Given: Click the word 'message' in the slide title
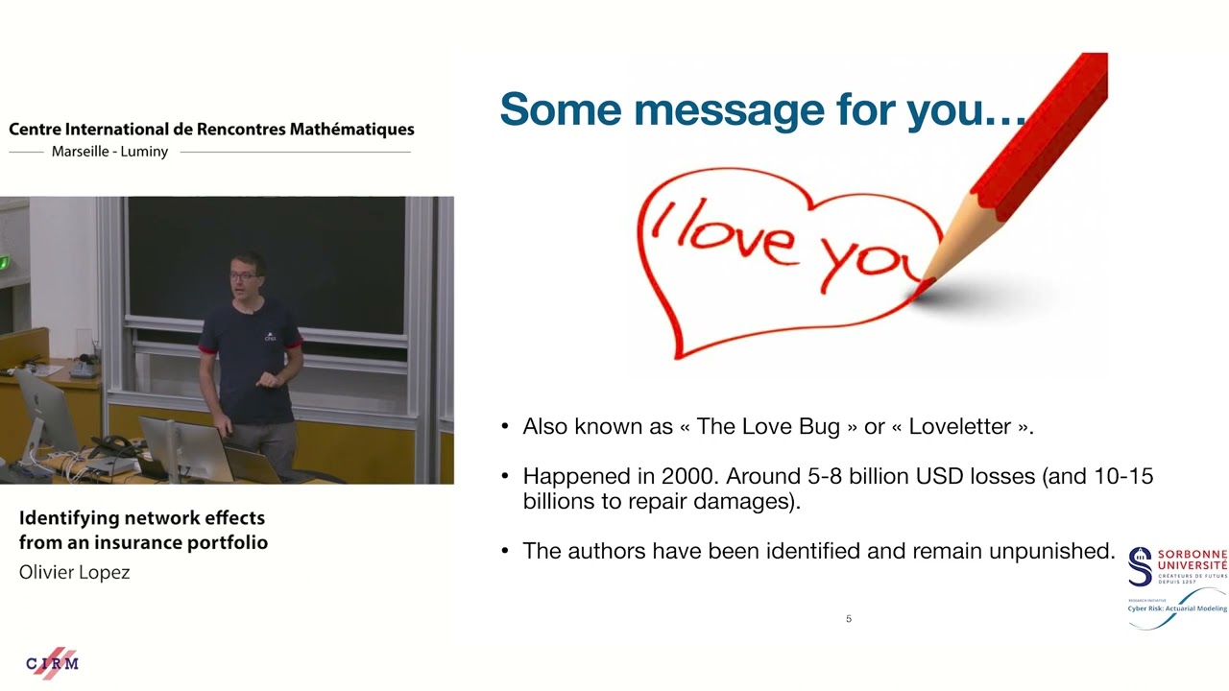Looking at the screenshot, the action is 729,110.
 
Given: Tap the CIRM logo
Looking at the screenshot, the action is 52,663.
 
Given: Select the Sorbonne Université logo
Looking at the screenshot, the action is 1177,566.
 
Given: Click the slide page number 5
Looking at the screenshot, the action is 848,619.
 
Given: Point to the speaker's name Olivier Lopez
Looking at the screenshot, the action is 75,572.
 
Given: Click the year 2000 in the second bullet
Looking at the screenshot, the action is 689,476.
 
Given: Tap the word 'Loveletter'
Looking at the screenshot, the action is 959,426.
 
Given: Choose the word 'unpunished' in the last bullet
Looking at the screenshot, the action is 1051,551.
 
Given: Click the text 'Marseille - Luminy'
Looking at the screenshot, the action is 109,152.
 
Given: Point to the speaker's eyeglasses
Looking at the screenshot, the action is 243,276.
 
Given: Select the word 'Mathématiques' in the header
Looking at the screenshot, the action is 351,130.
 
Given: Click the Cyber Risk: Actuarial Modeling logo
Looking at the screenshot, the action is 1177,608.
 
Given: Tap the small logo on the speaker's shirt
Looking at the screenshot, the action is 270,337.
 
